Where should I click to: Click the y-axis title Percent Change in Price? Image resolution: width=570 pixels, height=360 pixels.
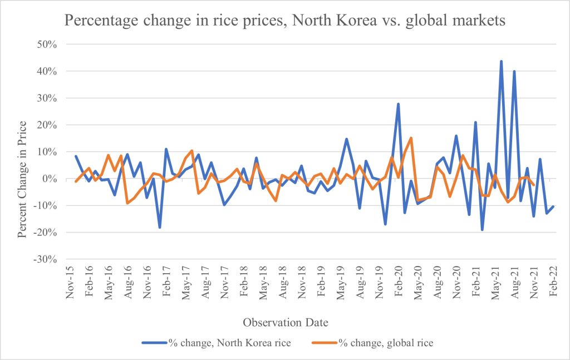(22, 179)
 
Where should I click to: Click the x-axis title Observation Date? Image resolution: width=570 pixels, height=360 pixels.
(285, 322)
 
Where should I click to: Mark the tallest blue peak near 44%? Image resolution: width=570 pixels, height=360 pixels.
(501, 61)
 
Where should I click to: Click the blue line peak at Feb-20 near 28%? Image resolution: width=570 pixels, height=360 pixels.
(398, 104)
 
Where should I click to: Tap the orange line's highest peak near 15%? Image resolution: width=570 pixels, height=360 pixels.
(411, 138)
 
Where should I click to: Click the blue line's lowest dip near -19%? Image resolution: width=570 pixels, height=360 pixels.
(482, 230)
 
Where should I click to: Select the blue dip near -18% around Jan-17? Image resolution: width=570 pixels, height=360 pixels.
(160, 227)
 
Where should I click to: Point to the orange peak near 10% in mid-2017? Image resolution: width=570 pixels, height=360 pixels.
(191, 151)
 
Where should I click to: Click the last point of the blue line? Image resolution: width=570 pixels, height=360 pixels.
(553, 206)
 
